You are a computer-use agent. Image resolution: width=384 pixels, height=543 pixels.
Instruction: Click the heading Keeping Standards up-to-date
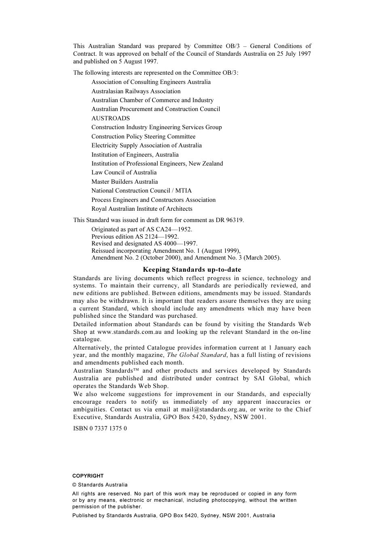192,270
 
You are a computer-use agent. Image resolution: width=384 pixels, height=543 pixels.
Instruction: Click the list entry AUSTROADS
110,118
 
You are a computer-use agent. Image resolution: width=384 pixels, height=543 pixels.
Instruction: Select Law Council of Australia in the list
124,172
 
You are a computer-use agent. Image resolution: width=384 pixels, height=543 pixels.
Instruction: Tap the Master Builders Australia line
124,182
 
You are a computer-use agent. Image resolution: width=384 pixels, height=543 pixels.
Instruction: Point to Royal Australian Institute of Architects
141,209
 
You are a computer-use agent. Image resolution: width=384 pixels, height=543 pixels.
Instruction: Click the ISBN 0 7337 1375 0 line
100,428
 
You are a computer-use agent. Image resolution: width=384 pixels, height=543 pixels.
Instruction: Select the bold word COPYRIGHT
88,476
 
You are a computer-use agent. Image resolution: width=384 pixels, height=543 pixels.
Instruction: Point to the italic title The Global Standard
196,355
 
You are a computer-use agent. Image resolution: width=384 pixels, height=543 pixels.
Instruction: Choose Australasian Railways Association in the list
136,91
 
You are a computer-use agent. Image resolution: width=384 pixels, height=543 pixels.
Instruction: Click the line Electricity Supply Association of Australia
146,145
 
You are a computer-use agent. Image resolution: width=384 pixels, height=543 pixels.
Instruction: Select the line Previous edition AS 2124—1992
135,237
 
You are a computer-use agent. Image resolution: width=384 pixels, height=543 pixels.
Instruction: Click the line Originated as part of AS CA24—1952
141,229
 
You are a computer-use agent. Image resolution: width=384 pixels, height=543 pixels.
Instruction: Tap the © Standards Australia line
100,485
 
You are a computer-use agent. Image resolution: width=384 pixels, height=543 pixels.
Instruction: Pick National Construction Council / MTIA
141,191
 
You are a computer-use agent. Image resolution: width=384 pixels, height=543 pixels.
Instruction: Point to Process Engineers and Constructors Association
153,200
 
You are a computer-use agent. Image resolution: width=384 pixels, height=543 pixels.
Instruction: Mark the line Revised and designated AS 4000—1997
144,243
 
